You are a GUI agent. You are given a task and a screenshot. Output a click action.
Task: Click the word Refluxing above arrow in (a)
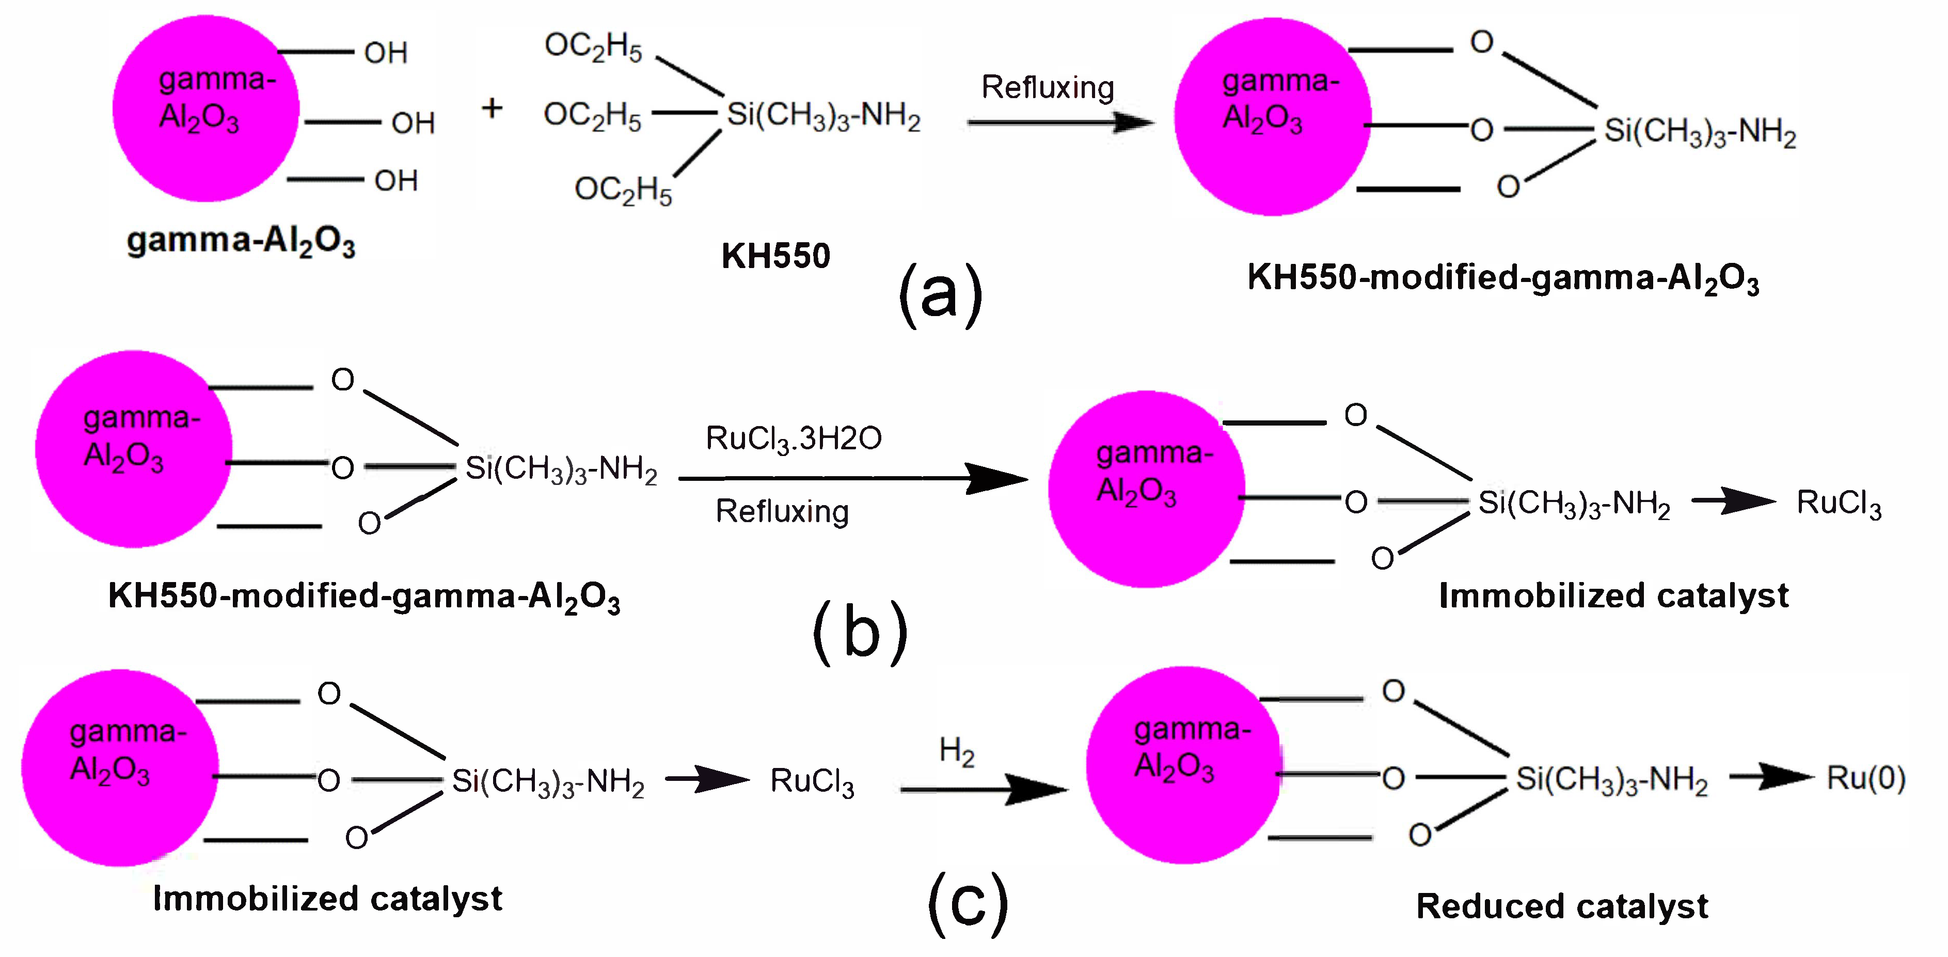coord(1048,88)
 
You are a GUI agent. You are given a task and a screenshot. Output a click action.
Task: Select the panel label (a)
coord(941,295)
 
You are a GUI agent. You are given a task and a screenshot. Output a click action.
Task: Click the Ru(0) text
coord(1865,778)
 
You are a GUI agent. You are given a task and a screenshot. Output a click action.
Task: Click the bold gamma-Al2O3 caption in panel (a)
coord(241,241)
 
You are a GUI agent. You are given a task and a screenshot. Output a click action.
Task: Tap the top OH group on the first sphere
coord(386,53)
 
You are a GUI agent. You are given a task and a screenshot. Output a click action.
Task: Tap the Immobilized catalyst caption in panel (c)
coord(327,899)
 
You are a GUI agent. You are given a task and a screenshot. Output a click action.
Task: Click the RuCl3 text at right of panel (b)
coord(1839,503)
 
